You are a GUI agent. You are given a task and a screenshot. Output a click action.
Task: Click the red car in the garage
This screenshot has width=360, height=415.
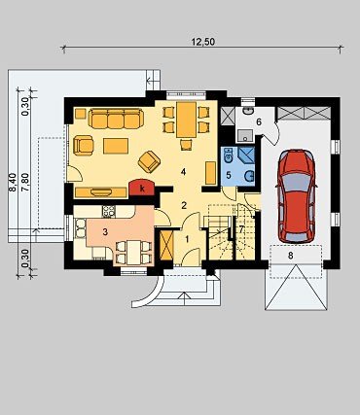click(x=296, y=196)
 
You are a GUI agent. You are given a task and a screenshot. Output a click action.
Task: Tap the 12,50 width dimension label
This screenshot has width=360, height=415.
click(x=203, y=42)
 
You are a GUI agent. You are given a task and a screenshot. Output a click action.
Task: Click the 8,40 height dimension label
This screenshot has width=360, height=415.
click(x=13, y=183)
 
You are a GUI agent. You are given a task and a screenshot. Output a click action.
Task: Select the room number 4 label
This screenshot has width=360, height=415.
click(x=184, y=172)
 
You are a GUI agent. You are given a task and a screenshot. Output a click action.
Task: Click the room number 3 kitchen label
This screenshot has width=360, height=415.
click(x=105, y=231)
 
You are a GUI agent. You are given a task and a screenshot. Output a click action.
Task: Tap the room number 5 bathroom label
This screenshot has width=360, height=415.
click(x=229, y=175)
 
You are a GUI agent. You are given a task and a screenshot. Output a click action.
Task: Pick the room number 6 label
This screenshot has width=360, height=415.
click(x=259, y=122)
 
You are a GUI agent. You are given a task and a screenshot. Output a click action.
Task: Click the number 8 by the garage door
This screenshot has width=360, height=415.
click(x=290, y=256)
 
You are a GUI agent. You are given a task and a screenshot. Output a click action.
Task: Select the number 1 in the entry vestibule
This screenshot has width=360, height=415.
click(x=187, y=239)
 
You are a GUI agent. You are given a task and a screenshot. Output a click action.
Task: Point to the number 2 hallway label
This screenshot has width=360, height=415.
click(x=184, y=205)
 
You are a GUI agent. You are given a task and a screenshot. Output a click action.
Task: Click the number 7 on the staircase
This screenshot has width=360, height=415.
click(x=241, y=228)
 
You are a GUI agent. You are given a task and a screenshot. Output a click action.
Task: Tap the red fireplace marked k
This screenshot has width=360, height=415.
click(x=142, y=188)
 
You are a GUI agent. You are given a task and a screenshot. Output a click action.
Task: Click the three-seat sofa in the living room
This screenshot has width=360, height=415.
click(x=116, y=119)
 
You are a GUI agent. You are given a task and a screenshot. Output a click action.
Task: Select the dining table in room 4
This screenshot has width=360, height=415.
click(x=186, y=120)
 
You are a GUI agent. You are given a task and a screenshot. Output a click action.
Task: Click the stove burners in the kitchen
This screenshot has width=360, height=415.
click(x=109, y=212)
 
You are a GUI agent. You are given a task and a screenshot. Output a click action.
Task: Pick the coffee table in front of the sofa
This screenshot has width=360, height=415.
click(x=116, y=146)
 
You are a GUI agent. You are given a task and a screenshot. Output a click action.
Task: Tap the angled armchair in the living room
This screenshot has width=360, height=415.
click(x=149, y=161)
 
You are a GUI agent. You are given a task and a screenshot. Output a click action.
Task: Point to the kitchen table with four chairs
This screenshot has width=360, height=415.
click(x=133, y=252)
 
